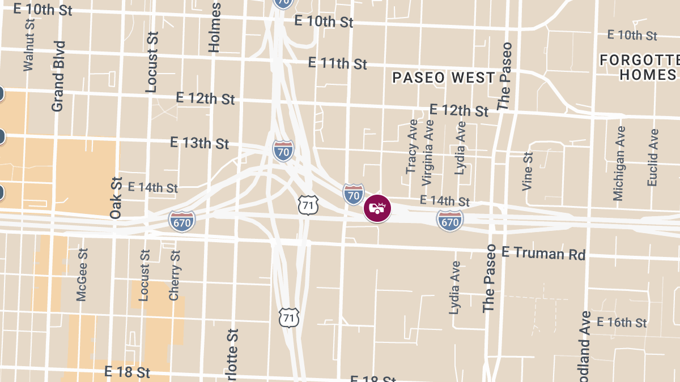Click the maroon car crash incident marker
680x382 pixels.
point(377,208)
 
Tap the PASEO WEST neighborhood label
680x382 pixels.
point(444,78)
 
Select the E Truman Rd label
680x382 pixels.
point(543,253)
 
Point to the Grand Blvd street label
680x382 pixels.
point(58,76)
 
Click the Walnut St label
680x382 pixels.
point(29,44)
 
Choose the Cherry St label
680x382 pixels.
point(175,276)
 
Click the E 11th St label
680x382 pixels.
point(337,63)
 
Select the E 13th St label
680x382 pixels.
point(199,143)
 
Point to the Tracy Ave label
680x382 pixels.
point(412,147)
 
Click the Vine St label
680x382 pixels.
point(528,170)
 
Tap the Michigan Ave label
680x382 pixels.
point(619,163)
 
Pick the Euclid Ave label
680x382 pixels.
point(653,157)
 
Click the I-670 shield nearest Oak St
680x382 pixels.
point(182,222)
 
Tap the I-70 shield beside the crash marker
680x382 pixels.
point(354,194)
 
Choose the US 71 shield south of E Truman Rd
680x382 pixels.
point(289,317)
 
